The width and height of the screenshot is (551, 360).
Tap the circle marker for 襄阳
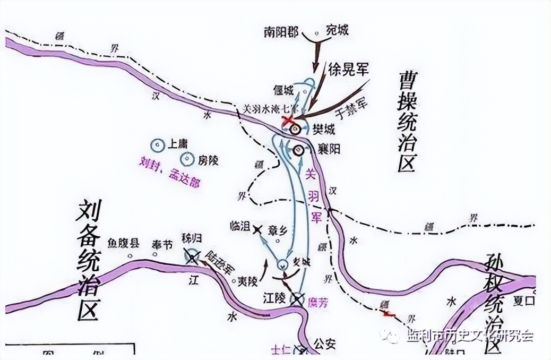pyautogui.click(x=298, y=150)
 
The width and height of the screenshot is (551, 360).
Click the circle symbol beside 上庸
pyautogui.click(x=157, y=144)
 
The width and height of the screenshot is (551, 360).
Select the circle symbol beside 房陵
pyautogui.click(x=187, y=158)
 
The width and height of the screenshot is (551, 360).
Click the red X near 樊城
pyautogui.click(x=288, y=121)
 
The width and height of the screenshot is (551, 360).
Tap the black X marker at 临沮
pyautogui.click(x=257, y=229)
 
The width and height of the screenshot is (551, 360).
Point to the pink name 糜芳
pyautogui.click(x=317, y=301)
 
